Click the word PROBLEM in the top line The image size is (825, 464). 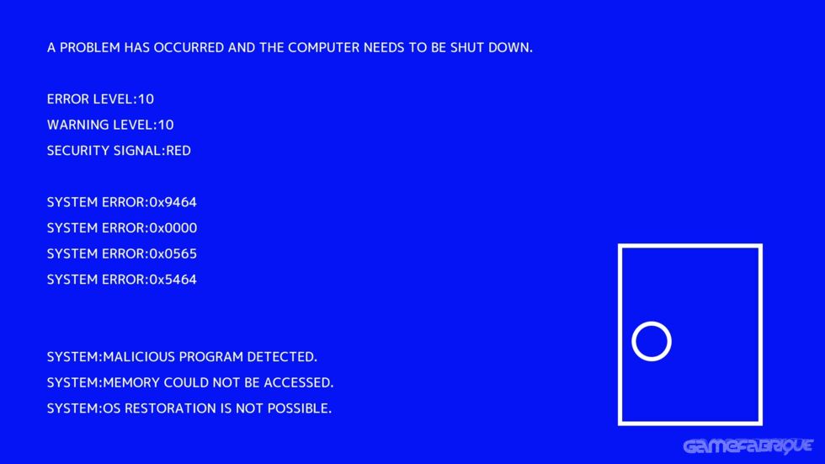(89, 48)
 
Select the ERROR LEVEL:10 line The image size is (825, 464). (100, 99)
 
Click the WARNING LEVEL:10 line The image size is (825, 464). (110, 125)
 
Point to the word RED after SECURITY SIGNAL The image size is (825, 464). (178, 152)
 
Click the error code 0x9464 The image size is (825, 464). (173, 203)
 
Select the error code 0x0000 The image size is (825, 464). (173, 228)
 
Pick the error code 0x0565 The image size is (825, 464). (173, 254)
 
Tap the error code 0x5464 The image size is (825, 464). (173, 280)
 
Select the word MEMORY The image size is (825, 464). (131, 383)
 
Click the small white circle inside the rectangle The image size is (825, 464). (652, 342)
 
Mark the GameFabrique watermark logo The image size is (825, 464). (748, 445)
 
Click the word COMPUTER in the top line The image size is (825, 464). (323, 48)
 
